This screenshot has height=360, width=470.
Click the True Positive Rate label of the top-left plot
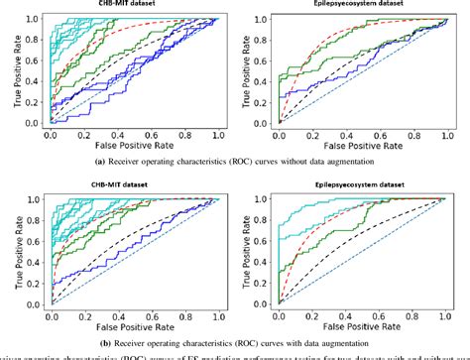coord(7,70)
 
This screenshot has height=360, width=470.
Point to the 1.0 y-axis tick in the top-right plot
coord(263,18)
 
